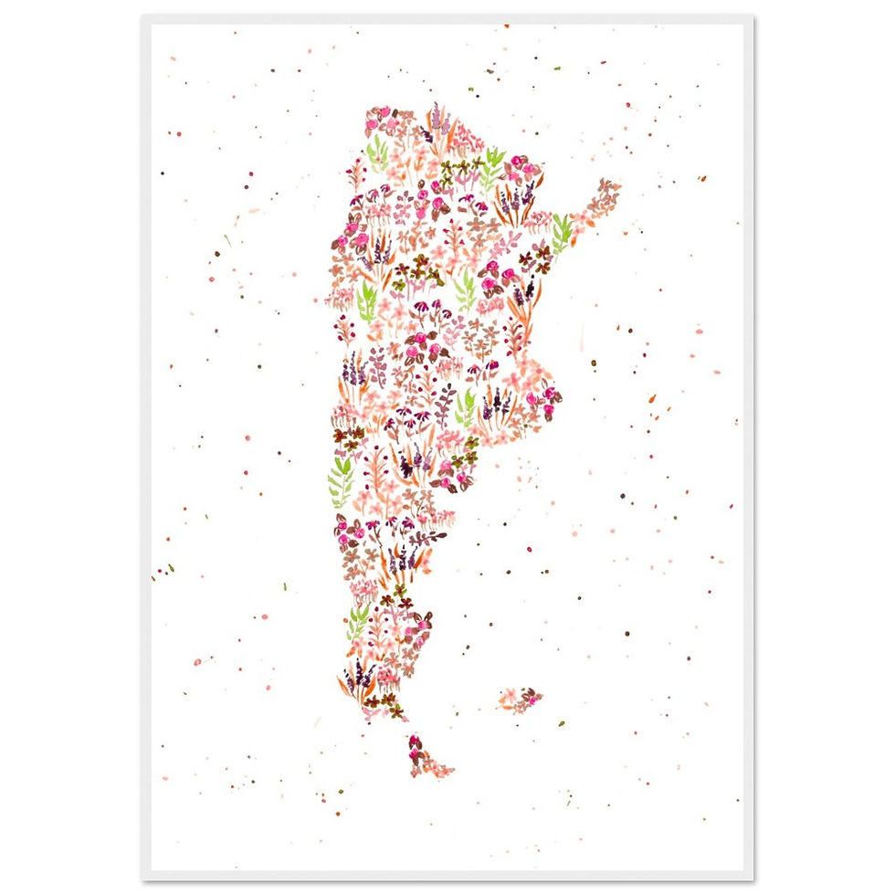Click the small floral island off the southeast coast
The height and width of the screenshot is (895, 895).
point(520,700)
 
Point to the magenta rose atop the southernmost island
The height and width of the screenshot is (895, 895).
point(415,741)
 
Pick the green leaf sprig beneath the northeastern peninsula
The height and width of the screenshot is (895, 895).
point(562,233)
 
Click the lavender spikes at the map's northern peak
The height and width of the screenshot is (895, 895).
point(436,117)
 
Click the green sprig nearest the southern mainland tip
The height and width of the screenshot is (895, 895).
point(357,621)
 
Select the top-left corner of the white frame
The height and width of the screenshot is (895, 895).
point(142,16)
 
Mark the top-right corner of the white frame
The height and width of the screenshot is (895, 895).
point(753,16)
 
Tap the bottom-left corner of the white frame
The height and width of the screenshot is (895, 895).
point(142,879)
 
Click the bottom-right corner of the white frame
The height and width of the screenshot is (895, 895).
point(753,879)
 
